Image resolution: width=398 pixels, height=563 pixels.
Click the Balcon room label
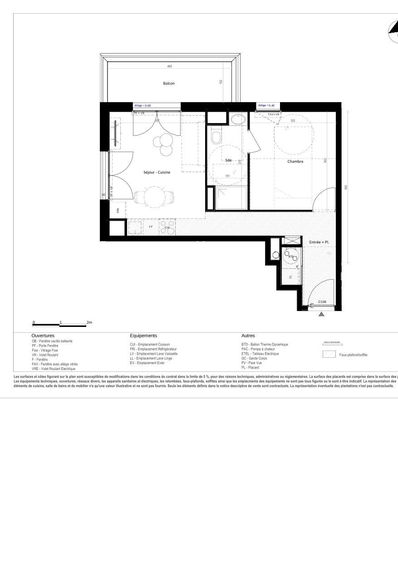(169, 84)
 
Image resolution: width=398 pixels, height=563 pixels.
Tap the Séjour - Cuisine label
(157, 173)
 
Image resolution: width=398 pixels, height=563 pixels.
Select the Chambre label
(295, 161)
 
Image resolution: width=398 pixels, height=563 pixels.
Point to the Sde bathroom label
(228, 160)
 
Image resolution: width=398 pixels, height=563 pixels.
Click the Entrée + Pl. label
(319, 242)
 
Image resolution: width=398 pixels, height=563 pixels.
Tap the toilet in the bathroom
(216, 136)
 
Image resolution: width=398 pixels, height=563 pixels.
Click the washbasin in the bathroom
(238, 119)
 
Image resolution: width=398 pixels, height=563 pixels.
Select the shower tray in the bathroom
(231, 198)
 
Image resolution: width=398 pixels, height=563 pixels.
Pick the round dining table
(154, 197)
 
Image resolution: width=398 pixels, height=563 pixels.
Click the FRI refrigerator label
(118, 210)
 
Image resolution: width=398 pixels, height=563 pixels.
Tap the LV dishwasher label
(151, 226)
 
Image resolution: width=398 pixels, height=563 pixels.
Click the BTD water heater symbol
(291, 256)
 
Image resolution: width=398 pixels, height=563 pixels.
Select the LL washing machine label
(290, 276)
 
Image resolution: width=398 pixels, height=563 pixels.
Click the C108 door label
(322, 302)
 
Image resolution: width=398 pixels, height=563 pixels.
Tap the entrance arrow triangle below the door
(321, 314)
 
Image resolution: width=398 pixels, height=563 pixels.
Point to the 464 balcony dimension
(169, 67)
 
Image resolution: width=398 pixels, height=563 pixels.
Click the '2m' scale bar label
(89, 322)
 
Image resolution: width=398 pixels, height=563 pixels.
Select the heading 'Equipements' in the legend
(143, 336)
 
